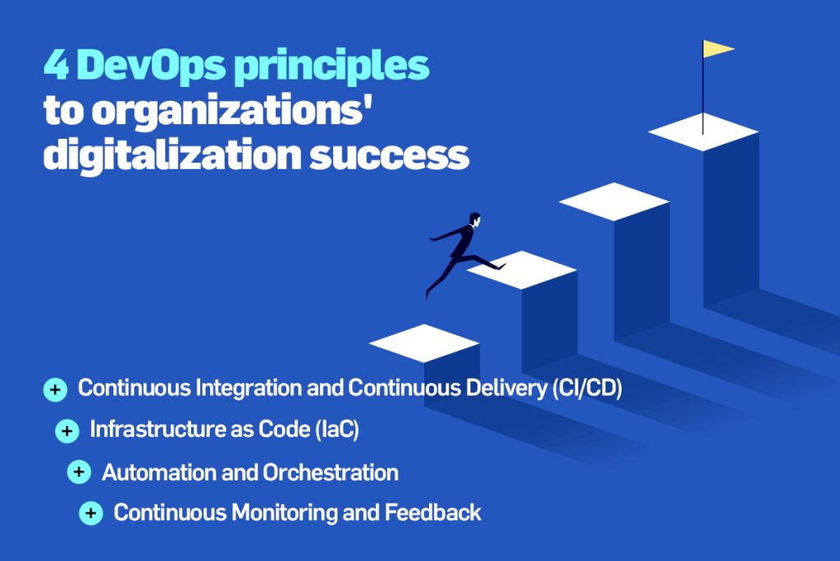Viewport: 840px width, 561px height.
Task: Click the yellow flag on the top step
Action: (x=717, y=48)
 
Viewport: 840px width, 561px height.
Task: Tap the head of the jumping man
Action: (x=475, y=219)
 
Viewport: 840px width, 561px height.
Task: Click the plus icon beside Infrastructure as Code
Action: (x=67, y=430)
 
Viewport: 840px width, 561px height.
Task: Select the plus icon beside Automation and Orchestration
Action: (x=79, y=472)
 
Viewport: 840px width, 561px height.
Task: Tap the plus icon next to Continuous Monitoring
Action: (x=91, y=513)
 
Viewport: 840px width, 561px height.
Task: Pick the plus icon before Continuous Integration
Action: (x=55, y=390)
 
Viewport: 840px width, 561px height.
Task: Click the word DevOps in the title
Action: (x=152, y=66)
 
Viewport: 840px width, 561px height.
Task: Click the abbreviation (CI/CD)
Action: (x=587, y=388)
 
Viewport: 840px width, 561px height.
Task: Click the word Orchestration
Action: (x=331, y=472)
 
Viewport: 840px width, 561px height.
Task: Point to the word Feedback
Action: (x=433, y=513)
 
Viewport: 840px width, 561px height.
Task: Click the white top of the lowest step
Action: (x=424, y=343)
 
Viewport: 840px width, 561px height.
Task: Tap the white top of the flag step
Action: (x=703, y=132)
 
